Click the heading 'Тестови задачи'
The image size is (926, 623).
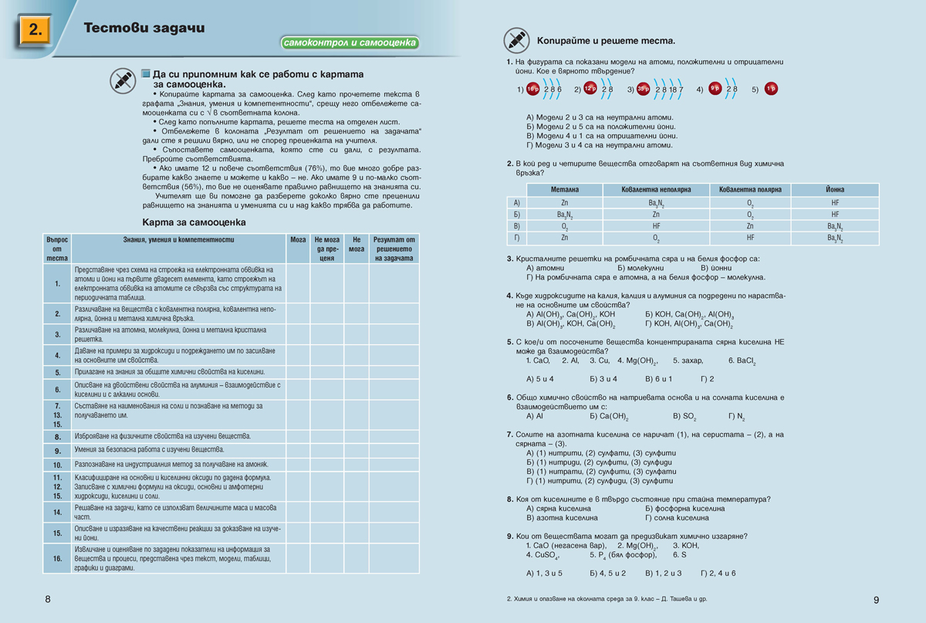pyautogui.click(x=144, y=29)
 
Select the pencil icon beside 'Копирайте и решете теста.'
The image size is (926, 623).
pyautogui.click(x=515, y=39)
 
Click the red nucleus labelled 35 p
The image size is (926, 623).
pyautogui.click(x=644, y=89)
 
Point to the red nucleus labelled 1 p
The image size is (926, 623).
pyautogui.click(x=771, y=89)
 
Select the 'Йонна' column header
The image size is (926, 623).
pyautogui.click(x=835, y=189)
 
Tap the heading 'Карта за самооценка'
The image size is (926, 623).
pyautogui.click(x=194, y=222)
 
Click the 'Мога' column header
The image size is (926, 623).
pyautogui.click(x=298, y=240)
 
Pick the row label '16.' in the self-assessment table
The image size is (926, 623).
pyautogui.click(x=57, y=558)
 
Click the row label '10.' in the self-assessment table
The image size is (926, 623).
pyautogui.click(x=57, y=466)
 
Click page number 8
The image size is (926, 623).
pyautogui.click(x=48, y=599)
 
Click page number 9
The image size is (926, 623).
pyautogui.click(x=876, y=600)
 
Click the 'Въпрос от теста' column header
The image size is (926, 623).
pyautogui.click(x=57, y=249)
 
